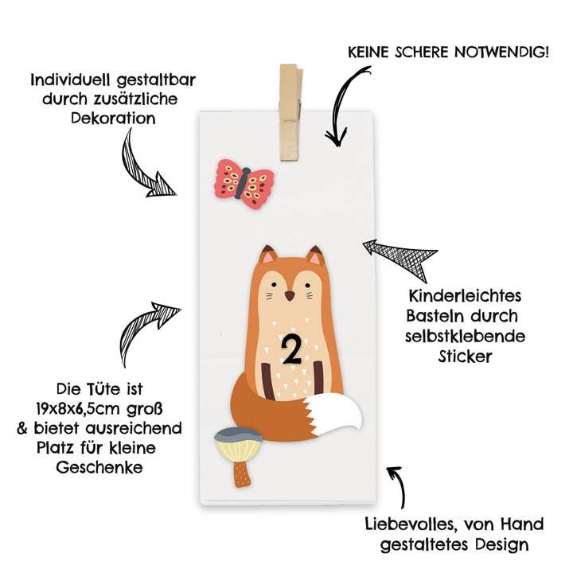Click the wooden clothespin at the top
[290, 112]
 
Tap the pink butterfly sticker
[244, 184]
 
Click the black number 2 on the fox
[291, 349]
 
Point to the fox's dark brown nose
[290, 295]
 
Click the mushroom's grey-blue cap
[237, 435]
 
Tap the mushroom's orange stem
[242, 474]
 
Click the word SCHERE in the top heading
[421, 53]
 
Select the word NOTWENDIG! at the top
[501, 52]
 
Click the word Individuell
[72, 80]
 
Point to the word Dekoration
[113, 119]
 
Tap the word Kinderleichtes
[465, 295]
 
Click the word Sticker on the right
[466, 357]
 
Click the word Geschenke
[99, 467]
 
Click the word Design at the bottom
[502, 545]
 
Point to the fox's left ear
[268, 255]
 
